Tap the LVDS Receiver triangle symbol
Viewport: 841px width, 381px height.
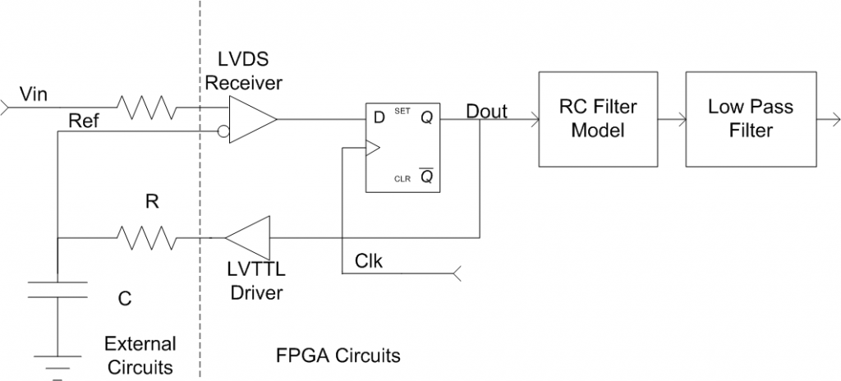[250, 119]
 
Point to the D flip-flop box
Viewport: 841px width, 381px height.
[402, 149]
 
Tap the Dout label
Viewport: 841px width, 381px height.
[486, 110]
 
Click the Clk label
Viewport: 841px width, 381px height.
[369, 260]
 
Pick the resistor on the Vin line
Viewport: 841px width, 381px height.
[145, 107]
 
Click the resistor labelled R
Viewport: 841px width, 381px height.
[145, 239]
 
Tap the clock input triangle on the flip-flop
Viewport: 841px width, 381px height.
[372, 149]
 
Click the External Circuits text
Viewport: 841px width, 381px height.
[139, 354]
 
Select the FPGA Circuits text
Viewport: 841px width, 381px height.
[338, 356]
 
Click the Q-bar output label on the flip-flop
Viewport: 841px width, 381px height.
[426, 177]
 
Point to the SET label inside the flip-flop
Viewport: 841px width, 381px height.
[402, 110]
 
